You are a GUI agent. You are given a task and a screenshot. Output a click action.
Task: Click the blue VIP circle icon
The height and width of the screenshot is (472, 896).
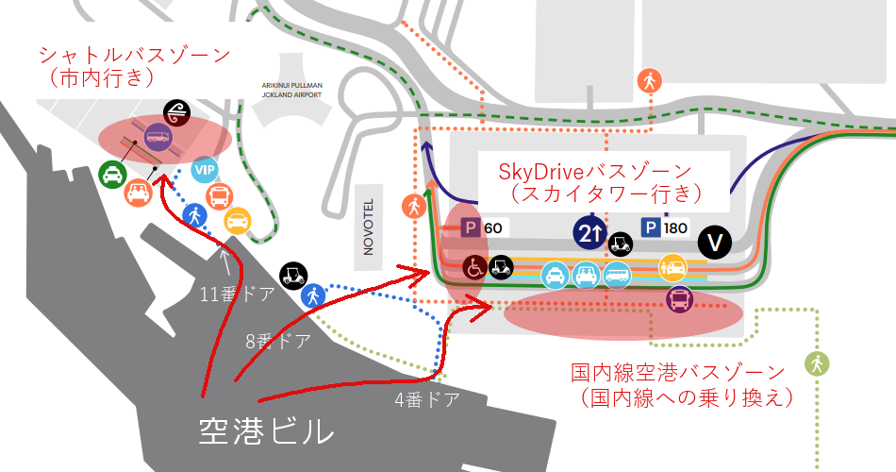(204, 170)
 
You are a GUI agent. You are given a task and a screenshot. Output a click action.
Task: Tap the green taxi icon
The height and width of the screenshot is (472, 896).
(113, 174)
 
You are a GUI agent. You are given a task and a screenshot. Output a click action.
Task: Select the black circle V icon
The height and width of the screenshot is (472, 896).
(714, 243)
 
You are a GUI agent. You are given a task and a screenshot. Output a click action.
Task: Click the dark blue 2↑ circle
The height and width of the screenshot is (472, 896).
(589, 233)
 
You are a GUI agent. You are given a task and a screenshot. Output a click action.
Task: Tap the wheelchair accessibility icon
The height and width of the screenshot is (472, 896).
(474, 267)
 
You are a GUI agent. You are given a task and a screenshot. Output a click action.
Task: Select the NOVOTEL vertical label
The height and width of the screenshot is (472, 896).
(370, 226)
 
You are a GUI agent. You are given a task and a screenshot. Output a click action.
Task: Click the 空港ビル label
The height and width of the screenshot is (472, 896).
(266, 431)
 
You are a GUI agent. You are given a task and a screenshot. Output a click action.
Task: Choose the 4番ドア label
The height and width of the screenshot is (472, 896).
(427, 399)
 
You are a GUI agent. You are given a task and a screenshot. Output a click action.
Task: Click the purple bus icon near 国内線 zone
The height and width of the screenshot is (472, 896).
(679, 300)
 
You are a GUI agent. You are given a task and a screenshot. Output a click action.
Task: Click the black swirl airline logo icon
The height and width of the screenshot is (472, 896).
(175, 111)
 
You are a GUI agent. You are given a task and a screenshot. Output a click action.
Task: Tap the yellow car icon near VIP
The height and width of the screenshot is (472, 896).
(237, 219)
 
